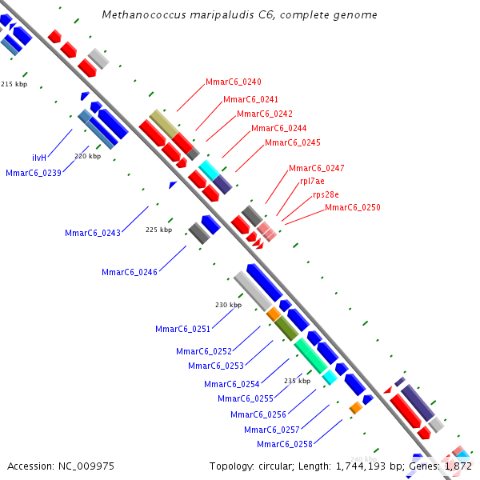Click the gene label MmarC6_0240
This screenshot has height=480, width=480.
tap(233, 82)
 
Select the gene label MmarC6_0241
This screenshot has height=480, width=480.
tap(250, 99)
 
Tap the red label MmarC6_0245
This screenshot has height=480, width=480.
tap(292, 142)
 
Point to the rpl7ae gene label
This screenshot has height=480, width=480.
tap(312, 182)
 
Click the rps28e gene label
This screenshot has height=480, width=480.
tap(326, 194)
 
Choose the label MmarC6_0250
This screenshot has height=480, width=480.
tap(352, 207)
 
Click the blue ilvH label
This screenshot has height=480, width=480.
tap(39, 158)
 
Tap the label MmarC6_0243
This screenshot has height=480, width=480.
tap(92, 233)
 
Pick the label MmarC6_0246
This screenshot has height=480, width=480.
tap(129, 272)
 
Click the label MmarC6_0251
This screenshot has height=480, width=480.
tap(182, 329)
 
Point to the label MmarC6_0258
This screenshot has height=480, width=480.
tap(284, 444)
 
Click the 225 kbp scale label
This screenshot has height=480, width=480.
tap(158, 230)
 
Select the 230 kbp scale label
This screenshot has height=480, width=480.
tap(228, 305)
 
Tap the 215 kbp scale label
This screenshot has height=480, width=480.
tap(14, 83)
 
